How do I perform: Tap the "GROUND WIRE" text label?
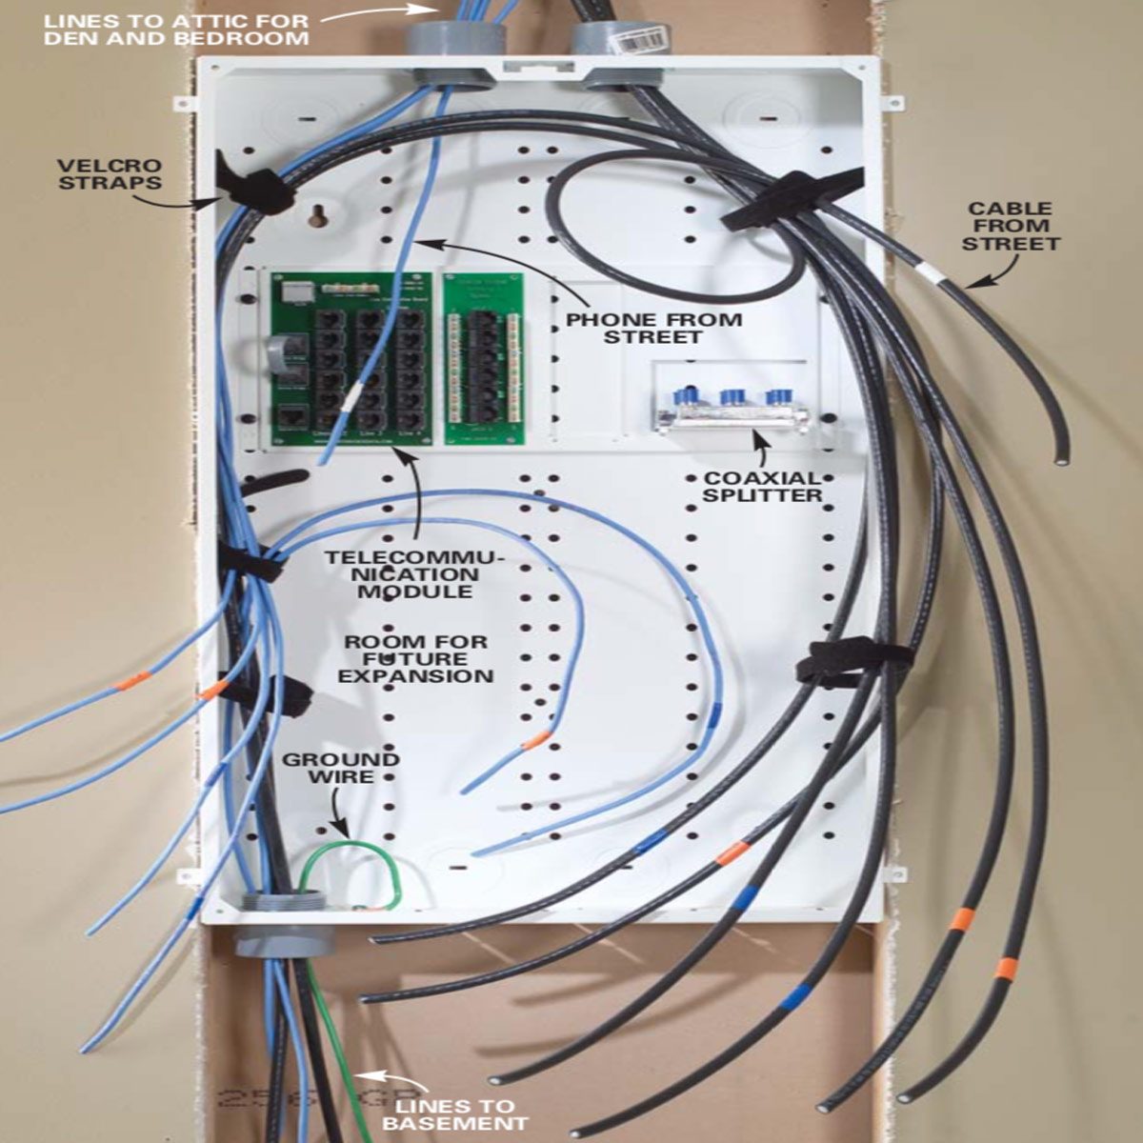340,768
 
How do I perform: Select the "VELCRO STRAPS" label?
110,173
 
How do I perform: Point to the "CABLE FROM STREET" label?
1010,227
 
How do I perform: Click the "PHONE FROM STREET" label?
653,328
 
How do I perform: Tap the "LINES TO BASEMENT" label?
454,1114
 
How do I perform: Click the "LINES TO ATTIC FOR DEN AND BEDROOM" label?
176,29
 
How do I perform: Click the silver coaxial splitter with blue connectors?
732,412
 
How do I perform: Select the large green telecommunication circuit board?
351,357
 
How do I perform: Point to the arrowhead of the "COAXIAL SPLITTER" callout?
759,439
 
